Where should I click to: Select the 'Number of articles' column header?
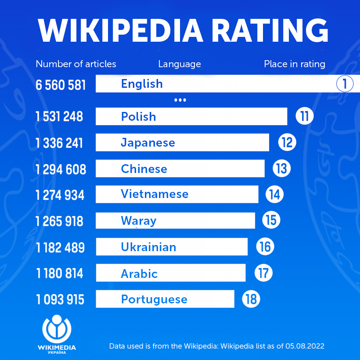click(x=76, y=64)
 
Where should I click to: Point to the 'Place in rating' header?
click(x=295, y=64)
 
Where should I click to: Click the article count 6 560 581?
click(x=61, y=84)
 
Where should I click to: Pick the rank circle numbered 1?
click(x=345, y=83)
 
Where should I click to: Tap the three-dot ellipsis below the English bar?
click(x=180, y=101)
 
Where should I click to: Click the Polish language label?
click(x=138, y=117)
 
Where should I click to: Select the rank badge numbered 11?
click(x=304, y=116)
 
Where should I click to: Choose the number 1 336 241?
click(x=59, y=143)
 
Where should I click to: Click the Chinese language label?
click(x=144, y=169)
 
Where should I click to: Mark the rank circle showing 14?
click(x=274, y=194)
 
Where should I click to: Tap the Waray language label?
click(x=138, y=220)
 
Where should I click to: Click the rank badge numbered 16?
click(x=265, y=247)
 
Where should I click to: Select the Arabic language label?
click(x=139, y=274)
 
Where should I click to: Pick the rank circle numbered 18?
click(x=251, y=299)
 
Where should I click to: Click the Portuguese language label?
click(x=154, y=299)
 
